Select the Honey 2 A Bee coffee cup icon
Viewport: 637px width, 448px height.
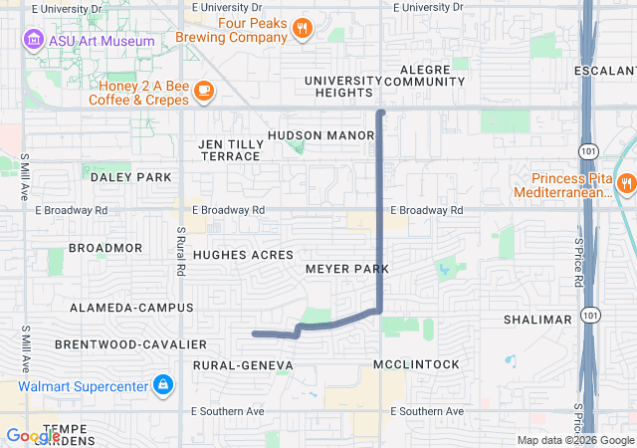pos(203,92)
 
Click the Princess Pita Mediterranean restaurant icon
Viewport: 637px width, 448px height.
pos(626,182)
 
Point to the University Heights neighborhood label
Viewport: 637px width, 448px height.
pos(343,87)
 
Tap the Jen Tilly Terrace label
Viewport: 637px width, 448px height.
pos(231,150)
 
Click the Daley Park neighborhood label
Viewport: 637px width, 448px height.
pos(131,177)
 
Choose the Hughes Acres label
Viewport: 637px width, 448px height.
pos(243,255)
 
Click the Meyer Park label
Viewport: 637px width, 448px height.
pos(346,270)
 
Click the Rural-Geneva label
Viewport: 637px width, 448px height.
pos(244,366)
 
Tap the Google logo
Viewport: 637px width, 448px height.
pos(33,436)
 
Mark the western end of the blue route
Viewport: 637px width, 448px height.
pos(256,334)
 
